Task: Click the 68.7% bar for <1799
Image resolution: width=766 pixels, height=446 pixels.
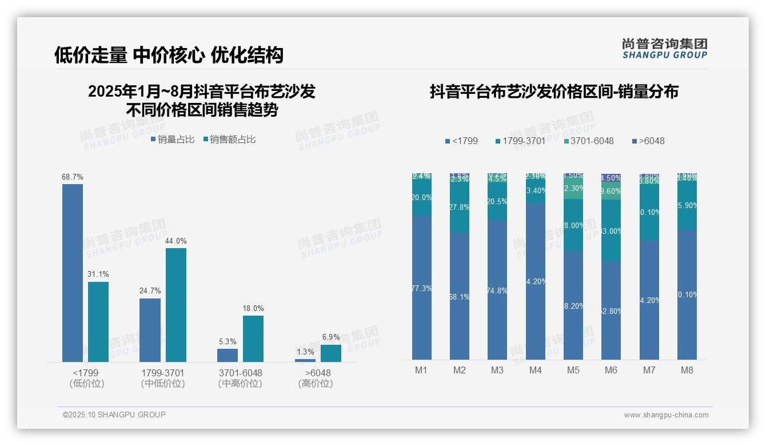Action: (73, 273)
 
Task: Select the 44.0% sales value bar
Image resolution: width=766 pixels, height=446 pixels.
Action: (176, 305)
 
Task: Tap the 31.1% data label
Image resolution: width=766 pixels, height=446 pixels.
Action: (98, 274)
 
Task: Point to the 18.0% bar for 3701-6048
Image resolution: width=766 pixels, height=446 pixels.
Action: (253, 339)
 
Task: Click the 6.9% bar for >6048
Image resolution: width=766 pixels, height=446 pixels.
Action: (330, 353)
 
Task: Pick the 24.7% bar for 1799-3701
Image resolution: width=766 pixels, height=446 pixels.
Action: (150, 330)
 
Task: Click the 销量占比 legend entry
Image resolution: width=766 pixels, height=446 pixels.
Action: (173, 140)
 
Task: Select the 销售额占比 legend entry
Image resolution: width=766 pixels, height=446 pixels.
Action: (229, 140)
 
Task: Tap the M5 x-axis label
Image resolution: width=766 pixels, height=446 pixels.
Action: (573, 370)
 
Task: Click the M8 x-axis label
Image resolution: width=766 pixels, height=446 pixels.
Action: (687, 370)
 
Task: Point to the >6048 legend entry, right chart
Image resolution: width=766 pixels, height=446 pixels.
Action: (648, 141)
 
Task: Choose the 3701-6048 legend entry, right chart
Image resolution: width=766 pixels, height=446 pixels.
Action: (588, 141)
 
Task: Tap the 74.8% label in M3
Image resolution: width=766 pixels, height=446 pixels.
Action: (498, 290)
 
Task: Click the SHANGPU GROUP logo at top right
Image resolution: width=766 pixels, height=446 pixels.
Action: (664, 49)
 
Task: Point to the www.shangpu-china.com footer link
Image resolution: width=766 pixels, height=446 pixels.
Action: (666, 415)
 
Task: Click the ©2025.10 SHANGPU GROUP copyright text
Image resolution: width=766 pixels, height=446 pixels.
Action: (114, 415)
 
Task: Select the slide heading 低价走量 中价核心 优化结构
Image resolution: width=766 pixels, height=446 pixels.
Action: (169, 55)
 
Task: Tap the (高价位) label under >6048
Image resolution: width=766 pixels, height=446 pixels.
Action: (315, 384)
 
